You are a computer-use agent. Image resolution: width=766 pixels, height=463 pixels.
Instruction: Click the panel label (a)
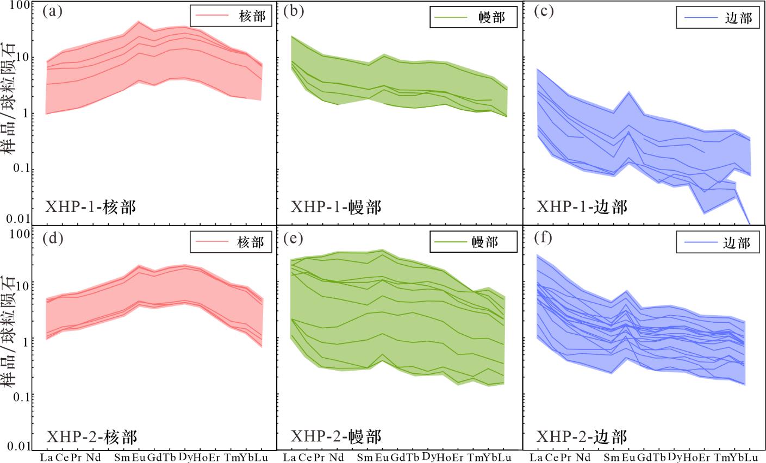pos(52,12)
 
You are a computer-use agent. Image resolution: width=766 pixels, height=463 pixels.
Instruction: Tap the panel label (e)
pos(293,239)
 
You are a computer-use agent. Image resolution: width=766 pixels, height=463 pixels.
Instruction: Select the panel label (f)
pos(543,239)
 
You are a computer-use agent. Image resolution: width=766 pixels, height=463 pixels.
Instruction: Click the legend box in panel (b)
pos(473,17)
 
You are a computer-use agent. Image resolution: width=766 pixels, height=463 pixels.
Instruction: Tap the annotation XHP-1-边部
pos(582,207)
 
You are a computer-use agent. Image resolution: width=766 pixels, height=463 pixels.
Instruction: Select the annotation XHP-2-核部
pos(91,436)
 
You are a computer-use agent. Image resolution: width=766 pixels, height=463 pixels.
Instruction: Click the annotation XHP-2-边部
pos(582,436)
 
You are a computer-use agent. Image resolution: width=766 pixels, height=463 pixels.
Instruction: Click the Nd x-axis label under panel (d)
pos(94,456)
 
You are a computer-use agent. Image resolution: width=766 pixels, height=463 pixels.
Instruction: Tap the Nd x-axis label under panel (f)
pos(582,456)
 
